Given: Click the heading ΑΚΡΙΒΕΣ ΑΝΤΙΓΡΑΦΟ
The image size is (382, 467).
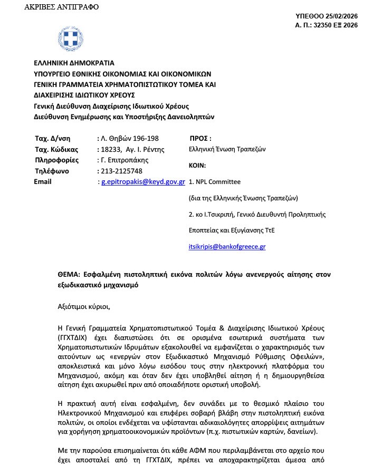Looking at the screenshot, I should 61,7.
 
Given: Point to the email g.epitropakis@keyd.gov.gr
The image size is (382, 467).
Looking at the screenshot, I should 142,182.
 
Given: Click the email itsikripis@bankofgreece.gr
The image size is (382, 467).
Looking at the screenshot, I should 227,246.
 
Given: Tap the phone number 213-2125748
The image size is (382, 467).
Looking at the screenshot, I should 120,171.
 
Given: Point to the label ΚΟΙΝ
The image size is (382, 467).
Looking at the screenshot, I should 198,166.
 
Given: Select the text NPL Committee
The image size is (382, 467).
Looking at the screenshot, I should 218,182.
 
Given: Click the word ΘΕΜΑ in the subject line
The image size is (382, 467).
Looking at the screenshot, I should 69,275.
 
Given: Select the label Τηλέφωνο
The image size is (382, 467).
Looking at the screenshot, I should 51,171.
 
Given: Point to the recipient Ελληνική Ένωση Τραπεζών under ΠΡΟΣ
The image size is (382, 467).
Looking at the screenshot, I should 227,149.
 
